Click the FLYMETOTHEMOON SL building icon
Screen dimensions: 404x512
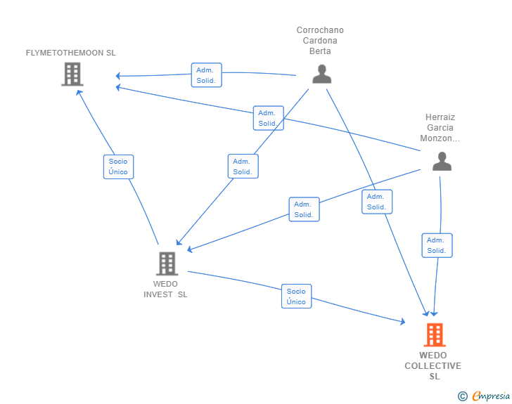tap(72, 74)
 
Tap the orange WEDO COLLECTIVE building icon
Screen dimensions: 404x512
tap(434, 334)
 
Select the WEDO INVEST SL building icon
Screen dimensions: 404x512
tap(166, 263)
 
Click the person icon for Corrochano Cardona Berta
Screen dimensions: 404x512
tap(321, 74)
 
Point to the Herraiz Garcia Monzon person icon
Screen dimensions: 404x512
tap(441, 161)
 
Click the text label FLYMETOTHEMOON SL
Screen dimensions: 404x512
tap(71, 53)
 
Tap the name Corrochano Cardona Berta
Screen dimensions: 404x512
tap(320, 41)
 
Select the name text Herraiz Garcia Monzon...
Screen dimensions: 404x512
tap(440, 128)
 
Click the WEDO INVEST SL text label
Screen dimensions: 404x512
tap(165, 289)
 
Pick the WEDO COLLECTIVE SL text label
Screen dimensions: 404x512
tap(433, 366)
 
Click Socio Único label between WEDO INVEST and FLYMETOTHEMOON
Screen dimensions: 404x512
tap(118, 167)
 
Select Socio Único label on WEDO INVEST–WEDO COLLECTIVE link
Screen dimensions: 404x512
tap(296, 296)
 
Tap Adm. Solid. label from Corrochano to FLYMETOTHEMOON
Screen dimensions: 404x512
tap(206, 75)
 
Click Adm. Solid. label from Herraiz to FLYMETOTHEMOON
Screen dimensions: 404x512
tap(268, 118)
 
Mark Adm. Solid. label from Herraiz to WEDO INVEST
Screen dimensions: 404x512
tap(304, 209)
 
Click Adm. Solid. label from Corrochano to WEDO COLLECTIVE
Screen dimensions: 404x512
tap(377, 202)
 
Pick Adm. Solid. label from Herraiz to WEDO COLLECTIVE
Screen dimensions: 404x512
tap(437, 245)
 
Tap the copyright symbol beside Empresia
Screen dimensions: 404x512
tap(462, 396)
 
